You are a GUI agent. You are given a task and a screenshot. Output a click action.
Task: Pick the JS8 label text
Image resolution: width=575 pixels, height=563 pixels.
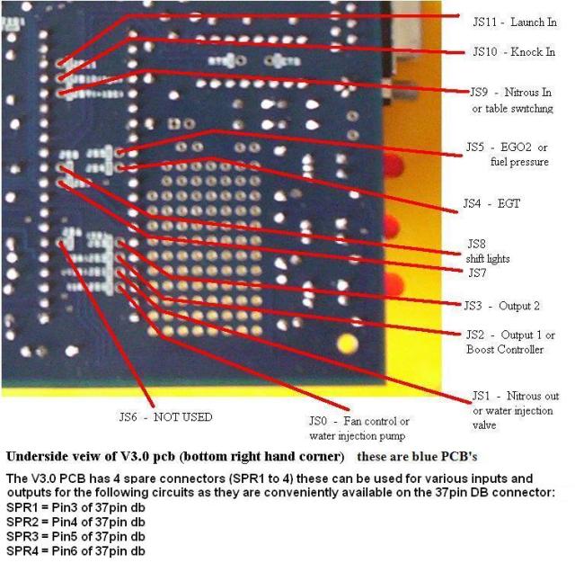[x=475, y=244]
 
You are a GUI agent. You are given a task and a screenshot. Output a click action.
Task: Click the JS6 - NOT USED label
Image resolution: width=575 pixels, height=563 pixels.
[x=166, y=416]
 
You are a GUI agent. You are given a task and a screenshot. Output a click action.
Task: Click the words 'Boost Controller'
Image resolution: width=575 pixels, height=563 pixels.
[x=505, y=349]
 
